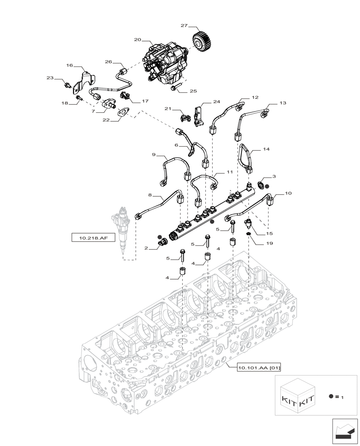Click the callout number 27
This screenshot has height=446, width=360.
tap(184, 26)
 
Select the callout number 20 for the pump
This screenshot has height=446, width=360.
tap(137, 40)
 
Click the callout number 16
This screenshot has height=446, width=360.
tap(70, 65)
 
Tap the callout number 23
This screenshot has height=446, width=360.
tap(50, 78)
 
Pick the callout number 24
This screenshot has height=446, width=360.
tap(217, 102)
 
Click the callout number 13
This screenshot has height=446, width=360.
tap(282, 103)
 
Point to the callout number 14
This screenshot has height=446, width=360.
tap(266, 150)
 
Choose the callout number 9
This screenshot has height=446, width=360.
tap(153, 155)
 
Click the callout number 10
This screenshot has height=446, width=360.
tap(288, 194)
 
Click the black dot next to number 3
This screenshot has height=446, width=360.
tap(266, 186)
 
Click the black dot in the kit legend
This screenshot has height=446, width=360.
tap(331, 396)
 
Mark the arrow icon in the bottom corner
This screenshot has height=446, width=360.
tap(345, 432)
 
